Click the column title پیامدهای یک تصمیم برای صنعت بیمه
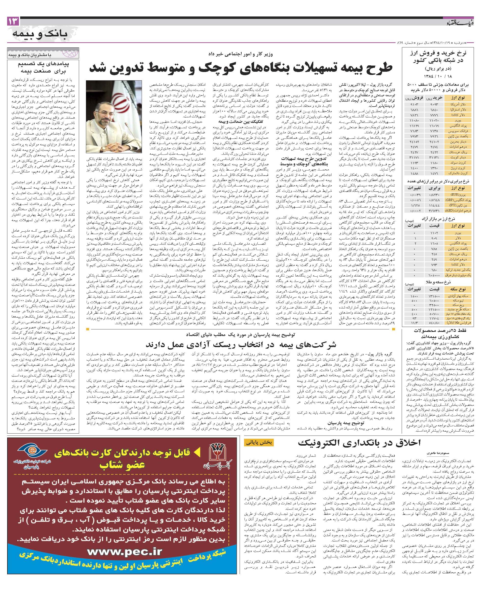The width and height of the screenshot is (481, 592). coord(43,66)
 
